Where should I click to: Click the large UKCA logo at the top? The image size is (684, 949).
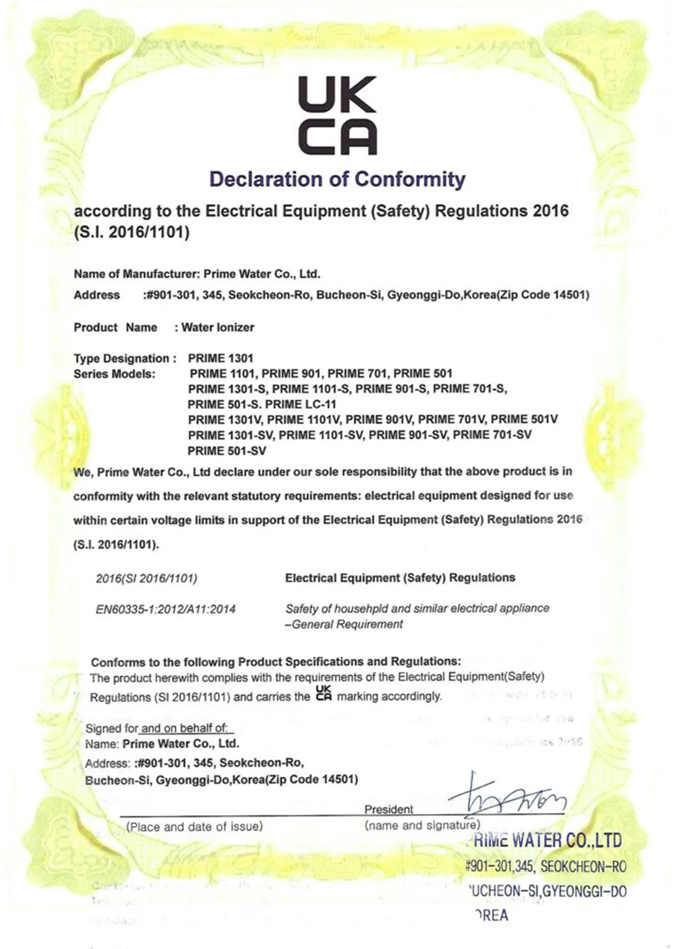click(x=337, y=115)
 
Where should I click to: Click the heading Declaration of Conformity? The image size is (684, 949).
click(x=337, y=180)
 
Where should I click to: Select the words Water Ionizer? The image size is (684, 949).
click(x=218, y=327)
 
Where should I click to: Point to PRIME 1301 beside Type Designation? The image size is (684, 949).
click(x=220, y=358)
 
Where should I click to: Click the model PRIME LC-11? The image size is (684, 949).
click(x=300, y=404)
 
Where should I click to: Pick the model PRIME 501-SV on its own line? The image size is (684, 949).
click(x=227, y=451)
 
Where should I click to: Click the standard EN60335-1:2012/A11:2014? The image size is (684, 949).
click(x=166, y=609)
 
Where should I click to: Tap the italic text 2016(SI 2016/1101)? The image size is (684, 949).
click(x=146, y=578)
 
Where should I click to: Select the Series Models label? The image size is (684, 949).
click(x=114, y=374)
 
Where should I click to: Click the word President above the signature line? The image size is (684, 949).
click(x=389, y=810)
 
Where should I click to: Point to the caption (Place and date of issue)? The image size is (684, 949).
click(x=195, y=826)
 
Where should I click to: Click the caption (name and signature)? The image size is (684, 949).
click(x=422, y=826)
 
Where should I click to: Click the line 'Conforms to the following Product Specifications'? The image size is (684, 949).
click(x=276, y=662)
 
